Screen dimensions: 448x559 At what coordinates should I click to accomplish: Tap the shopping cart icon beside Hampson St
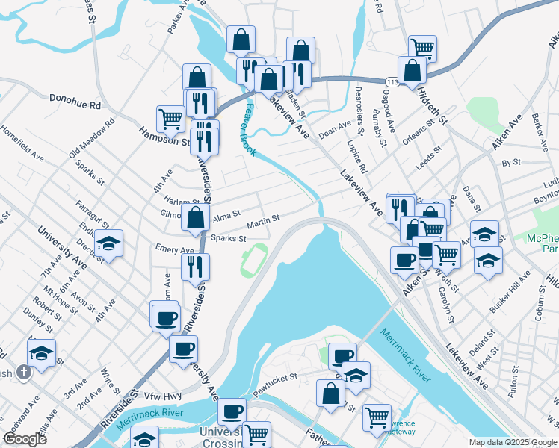(170, 117)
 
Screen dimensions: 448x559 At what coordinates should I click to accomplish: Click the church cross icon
(24, 372)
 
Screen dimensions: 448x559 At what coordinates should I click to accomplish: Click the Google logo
(25, 439)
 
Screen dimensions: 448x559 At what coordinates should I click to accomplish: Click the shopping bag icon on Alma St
(196, 218)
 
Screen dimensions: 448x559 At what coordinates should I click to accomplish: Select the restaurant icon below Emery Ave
(195, 267)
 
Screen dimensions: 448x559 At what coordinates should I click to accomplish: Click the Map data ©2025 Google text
(512, 442)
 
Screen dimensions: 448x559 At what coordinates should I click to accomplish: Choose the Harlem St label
(183, 202)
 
